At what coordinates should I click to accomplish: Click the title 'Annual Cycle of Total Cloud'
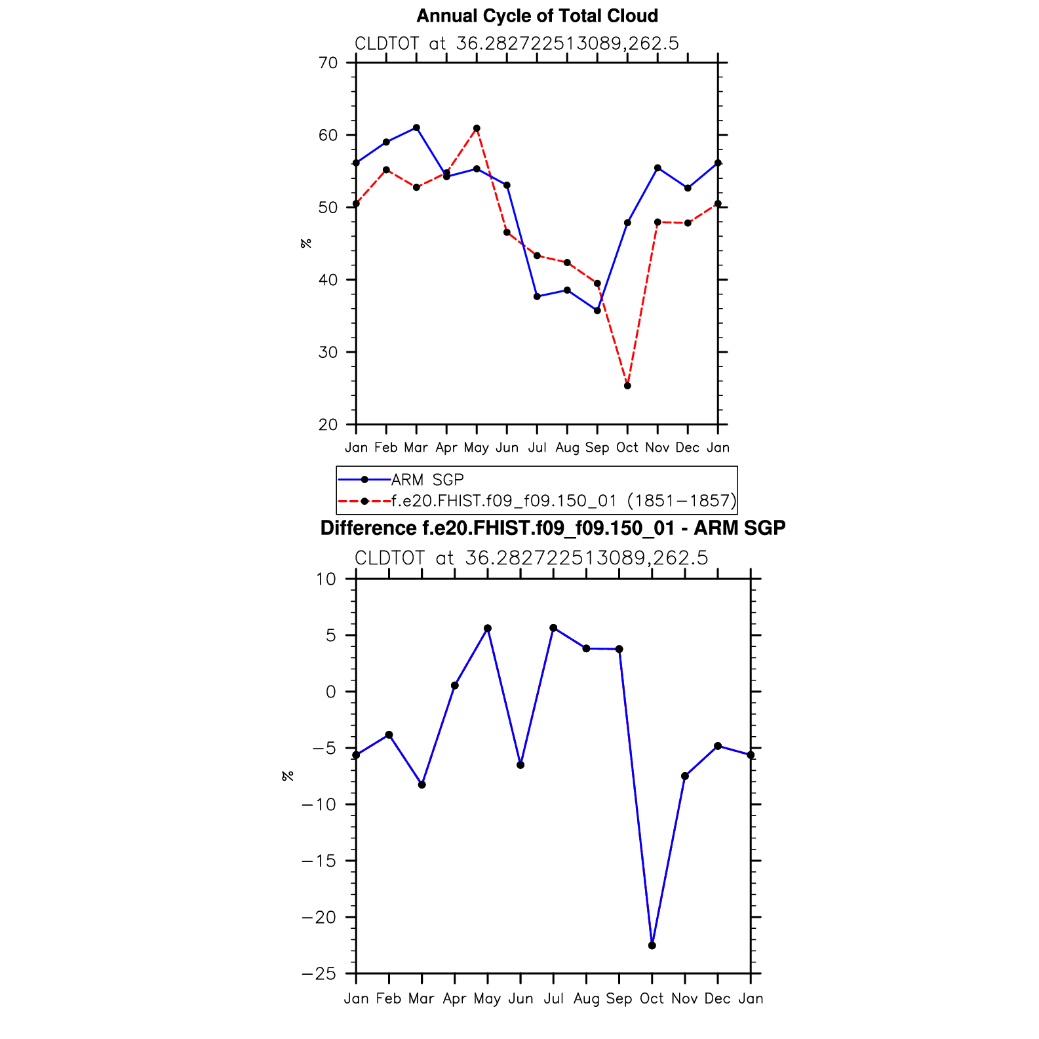coord(537,16)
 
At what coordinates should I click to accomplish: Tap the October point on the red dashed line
coord(627,385)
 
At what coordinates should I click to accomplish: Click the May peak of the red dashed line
coord(477,128)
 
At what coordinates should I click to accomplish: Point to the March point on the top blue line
coord(416,128)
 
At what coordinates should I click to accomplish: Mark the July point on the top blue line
coord(537,296)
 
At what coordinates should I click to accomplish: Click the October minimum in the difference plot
coord(652,945)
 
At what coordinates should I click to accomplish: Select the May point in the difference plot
coord(488,629)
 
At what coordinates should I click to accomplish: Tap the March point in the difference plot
coord(422,785)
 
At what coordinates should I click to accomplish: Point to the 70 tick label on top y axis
coord(328,63)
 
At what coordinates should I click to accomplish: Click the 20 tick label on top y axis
coord(328,425)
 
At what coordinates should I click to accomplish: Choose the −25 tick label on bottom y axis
coord(319,974)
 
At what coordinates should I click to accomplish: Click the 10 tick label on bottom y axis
coord(326,579)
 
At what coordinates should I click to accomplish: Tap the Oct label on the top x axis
coord(627,448)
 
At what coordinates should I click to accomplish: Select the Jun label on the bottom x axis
coord(520,999)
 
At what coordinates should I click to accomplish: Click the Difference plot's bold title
coord(553,528)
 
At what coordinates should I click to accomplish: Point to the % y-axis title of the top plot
coord(306,244)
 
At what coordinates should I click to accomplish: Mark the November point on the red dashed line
coord(657,222)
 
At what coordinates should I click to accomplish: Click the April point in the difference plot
coord(455,686)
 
